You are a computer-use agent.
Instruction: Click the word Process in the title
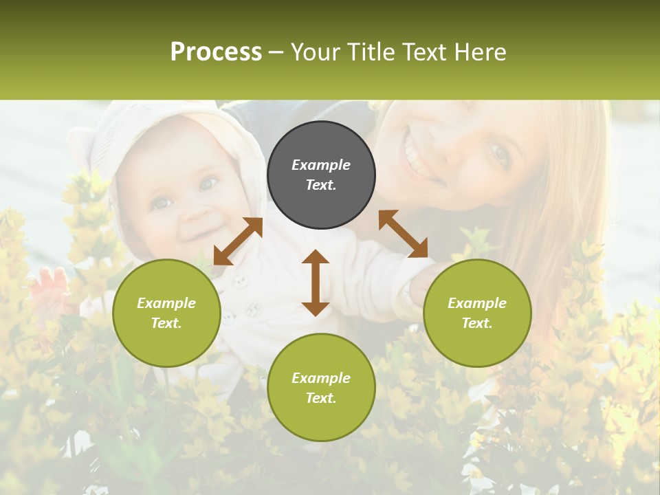click(216, 52)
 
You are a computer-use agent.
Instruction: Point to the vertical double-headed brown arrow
click(316, 283)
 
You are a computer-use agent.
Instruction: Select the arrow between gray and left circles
click(238, 241)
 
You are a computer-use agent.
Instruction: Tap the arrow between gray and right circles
click(403, 234)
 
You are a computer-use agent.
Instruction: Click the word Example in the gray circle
click(321, 165)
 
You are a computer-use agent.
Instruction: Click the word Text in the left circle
click(166, 323)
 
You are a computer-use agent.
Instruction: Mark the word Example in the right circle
click(477, 303)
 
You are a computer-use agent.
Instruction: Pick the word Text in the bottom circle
click(321, 398)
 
